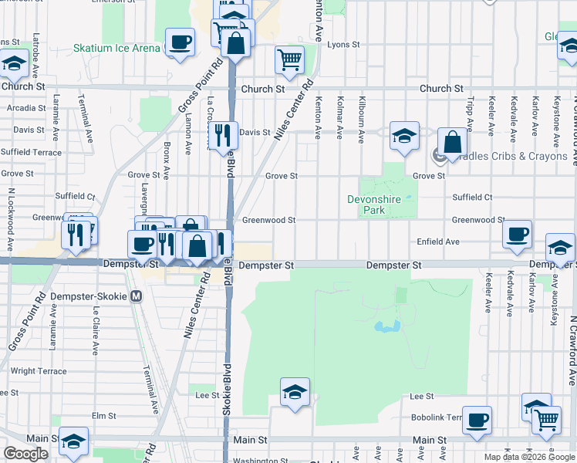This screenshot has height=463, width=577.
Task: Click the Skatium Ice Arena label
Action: [116, 48]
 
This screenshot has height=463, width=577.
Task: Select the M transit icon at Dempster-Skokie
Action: [137, 296]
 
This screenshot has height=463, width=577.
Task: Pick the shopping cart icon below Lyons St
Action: [289, 59]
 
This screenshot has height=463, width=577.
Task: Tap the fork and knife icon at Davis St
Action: [222, 136]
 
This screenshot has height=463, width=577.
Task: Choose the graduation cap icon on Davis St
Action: [404, 136]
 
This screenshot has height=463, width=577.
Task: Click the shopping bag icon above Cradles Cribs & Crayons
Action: [452, 142]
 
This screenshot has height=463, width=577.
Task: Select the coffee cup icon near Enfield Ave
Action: [517, 233]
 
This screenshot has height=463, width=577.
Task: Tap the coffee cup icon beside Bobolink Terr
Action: [478, 419]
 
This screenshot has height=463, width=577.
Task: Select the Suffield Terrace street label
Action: [31, 152]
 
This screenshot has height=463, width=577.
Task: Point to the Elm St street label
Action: [98, 415]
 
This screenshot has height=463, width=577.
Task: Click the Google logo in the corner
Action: [26, 454]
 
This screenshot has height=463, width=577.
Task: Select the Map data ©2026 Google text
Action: [528, 457]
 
